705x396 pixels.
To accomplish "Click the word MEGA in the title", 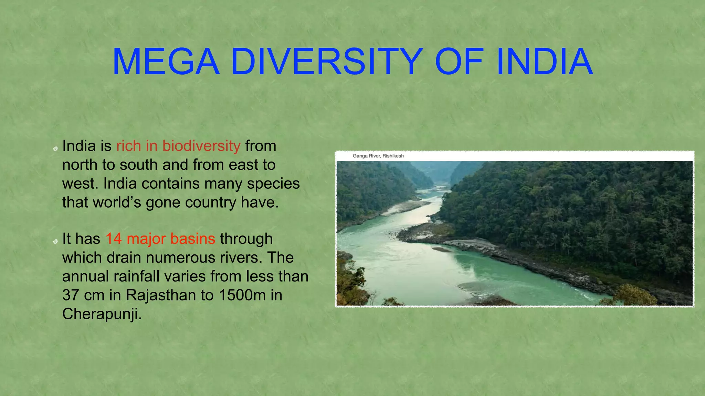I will click(166, 62).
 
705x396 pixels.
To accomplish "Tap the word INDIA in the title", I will click(545, 62).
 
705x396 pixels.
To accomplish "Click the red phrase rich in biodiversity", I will click(178, 146).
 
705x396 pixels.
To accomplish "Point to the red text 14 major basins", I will click(160, 239).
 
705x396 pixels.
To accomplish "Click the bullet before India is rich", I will click(55, 149).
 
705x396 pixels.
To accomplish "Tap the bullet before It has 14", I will click(55, 242).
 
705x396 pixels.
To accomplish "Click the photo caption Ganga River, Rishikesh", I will click(378, 156).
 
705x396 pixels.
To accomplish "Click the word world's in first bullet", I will click(117, 202).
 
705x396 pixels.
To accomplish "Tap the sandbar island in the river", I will click(442, 250).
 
